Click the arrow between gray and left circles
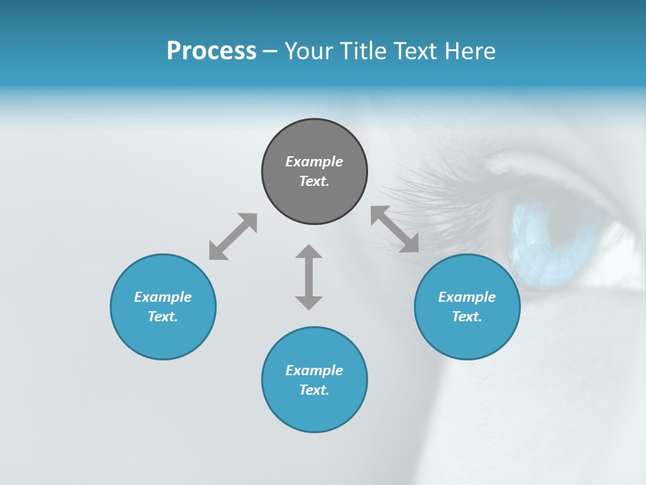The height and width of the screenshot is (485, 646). tap(233, 236)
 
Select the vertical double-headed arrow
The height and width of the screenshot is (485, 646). tap(309, 277)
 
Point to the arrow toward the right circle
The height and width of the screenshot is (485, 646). tap(394, 229)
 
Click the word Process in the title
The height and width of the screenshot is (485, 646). tap(211, 51)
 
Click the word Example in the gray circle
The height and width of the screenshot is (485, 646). tap(314, 162)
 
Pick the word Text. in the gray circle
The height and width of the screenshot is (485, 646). tap(314, 181)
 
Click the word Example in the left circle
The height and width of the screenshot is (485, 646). tap(163, 297)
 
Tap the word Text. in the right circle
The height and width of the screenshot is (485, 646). tap(467, 317)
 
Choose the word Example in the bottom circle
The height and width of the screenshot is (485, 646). tap(314, 370)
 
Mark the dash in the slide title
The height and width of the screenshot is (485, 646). tap(270, 51)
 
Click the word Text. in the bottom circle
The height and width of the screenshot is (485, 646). tap(314, 390)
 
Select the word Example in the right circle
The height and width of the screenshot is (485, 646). tap(467, 297)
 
